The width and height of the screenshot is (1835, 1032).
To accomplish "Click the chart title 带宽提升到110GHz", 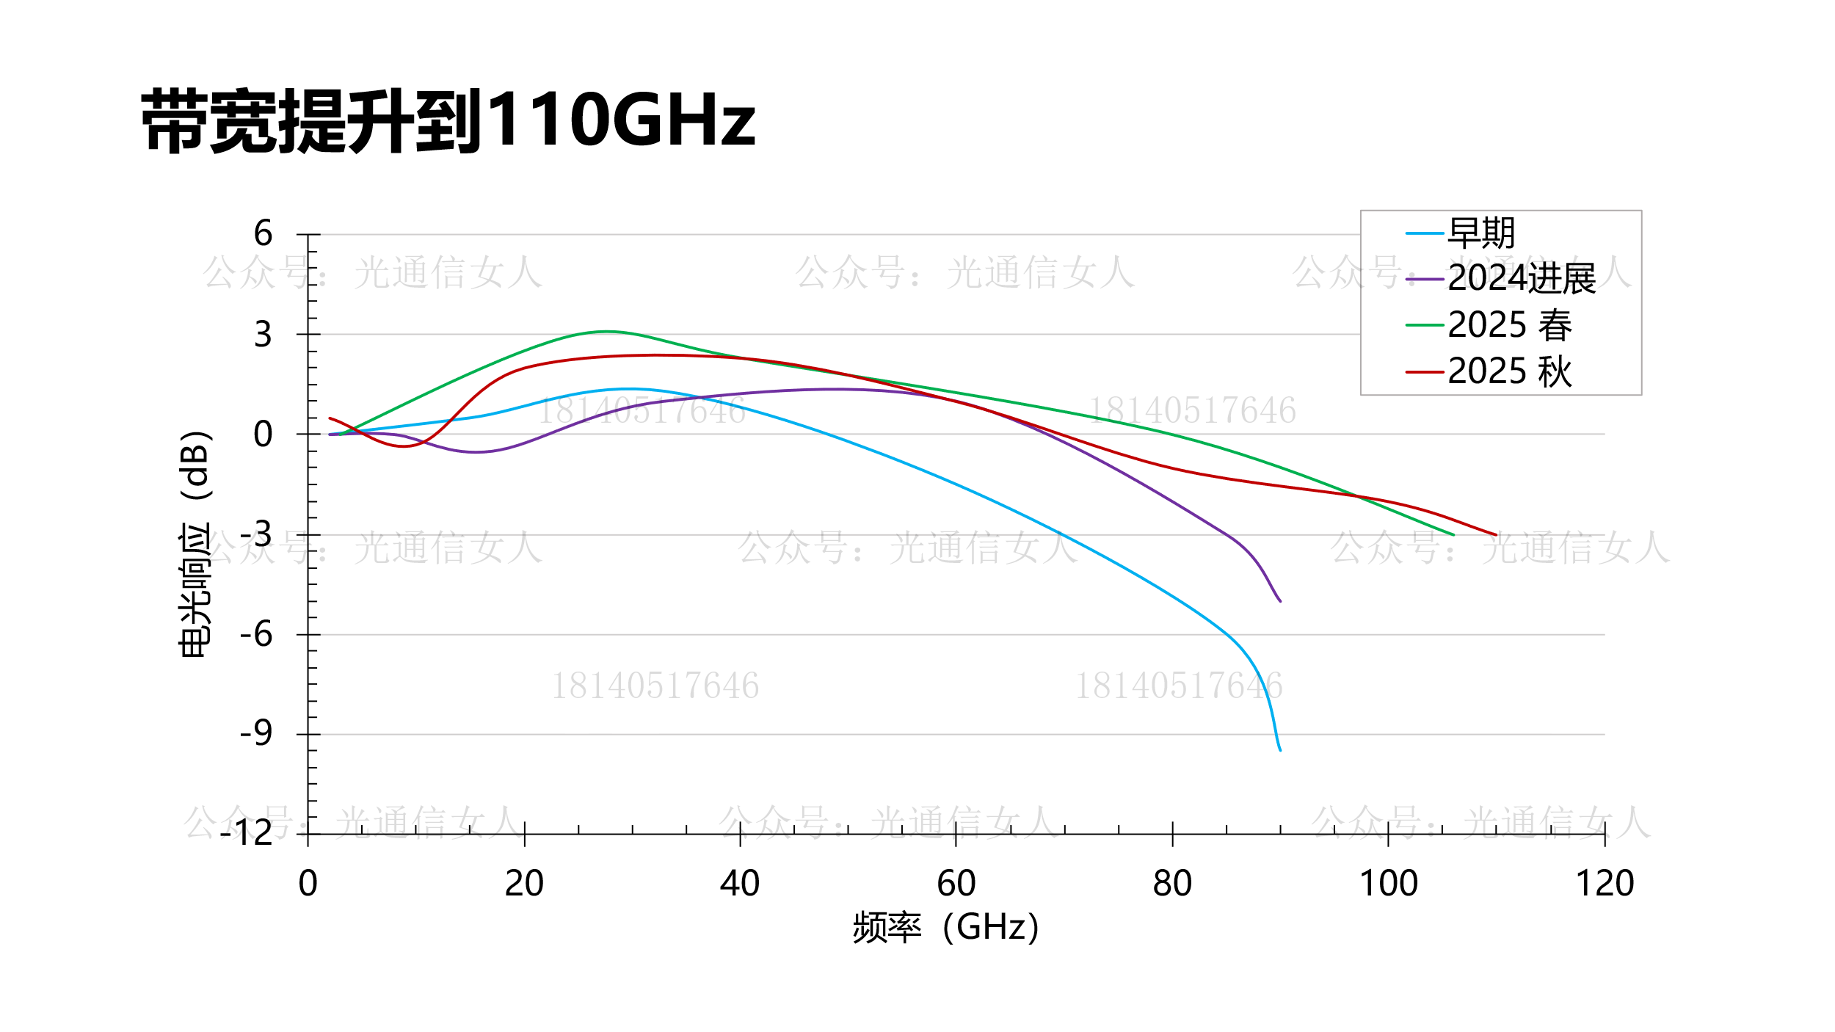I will point(448,121).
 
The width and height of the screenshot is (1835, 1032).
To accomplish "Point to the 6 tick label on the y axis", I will point(263,234).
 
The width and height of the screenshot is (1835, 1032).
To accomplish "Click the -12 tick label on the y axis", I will point(247,833).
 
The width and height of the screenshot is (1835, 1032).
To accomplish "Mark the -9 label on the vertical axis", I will point(256,733).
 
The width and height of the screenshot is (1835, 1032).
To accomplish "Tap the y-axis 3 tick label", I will point(263,335).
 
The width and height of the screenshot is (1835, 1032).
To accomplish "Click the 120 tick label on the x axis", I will point(1605,884).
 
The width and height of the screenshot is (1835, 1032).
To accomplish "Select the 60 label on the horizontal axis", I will point(956,884).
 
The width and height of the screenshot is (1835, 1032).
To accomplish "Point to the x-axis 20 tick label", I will point(524,884).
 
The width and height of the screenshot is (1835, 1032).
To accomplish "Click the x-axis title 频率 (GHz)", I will point(945,928).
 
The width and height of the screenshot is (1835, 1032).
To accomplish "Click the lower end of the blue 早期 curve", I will point(1280,749).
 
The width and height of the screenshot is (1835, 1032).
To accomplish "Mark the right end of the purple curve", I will point(1280,601).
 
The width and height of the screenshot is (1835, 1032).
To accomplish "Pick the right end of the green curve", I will point(1453,534).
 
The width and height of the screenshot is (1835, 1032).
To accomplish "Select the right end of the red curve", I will point(1496,535).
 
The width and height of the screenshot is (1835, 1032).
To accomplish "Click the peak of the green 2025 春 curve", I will point(606,332).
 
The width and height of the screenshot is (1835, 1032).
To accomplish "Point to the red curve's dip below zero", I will point(404,446).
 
